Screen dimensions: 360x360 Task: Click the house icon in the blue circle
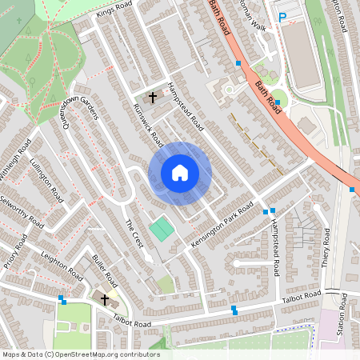(x=180, y=173)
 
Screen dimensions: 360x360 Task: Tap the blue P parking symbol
(x=282, y=17)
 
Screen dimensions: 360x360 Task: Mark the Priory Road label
(x=12, y=250)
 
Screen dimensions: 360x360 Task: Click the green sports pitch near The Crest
(x=162, y=229)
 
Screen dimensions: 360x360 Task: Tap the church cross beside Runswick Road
(x=152, y=96)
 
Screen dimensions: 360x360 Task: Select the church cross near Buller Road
(x=104, y=299)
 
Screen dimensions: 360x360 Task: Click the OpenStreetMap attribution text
(x=80, y=354)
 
